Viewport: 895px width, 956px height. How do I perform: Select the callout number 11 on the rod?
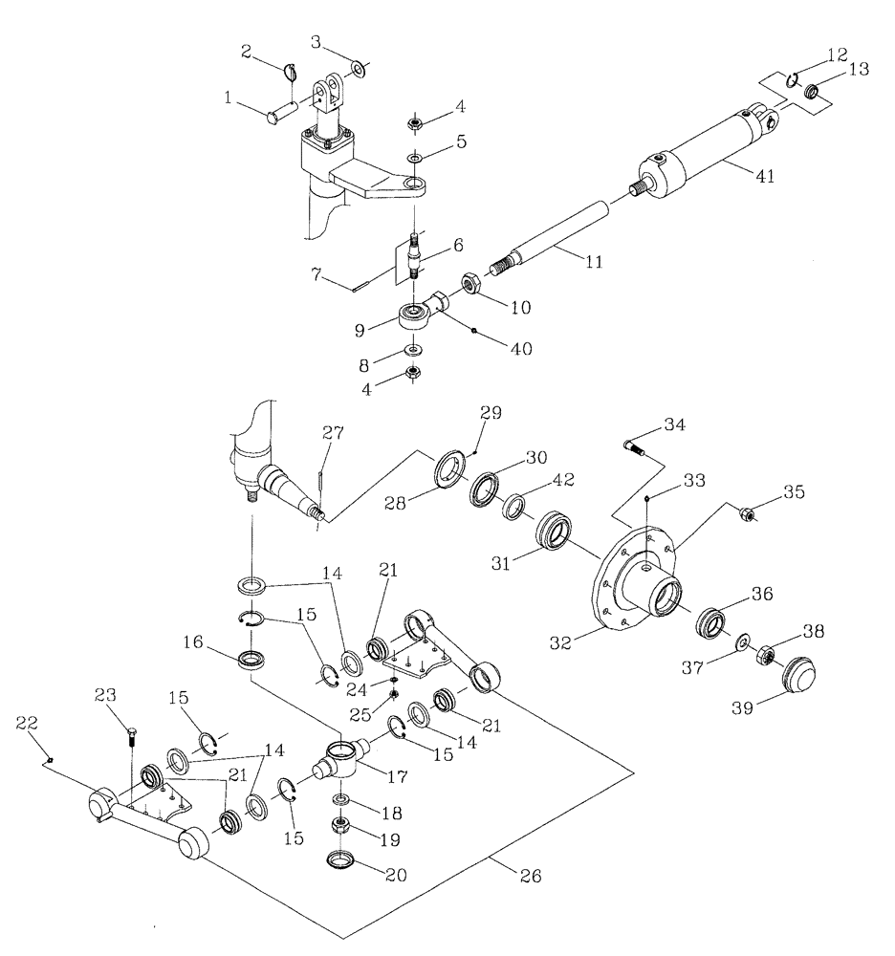[594, 260]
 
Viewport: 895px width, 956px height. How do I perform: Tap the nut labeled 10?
[471, 284]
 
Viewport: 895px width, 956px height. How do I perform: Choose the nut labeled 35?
[750, 516]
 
